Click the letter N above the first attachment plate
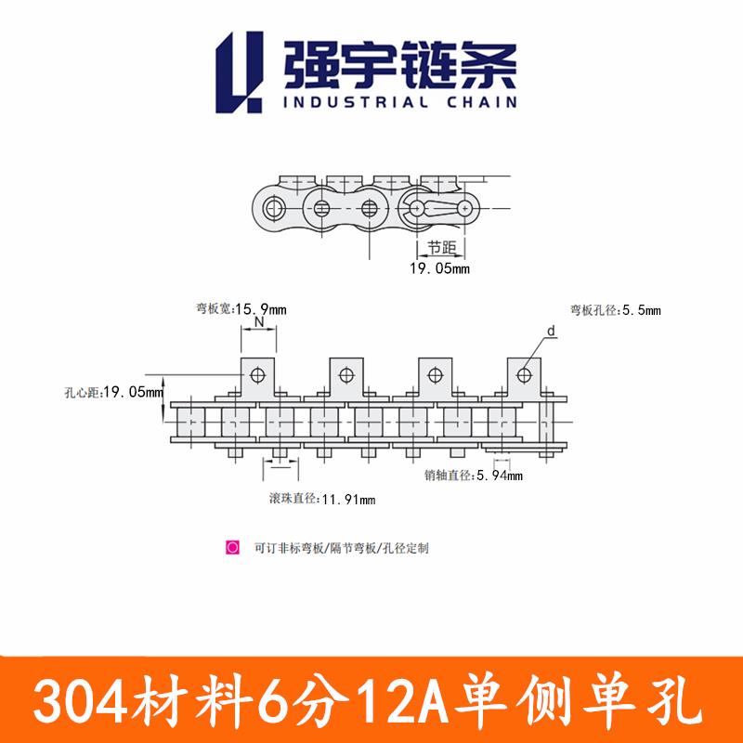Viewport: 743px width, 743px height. coord(259,321)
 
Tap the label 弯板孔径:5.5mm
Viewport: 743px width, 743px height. coord(615,308)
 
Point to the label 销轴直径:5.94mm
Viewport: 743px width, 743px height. coord(474,476)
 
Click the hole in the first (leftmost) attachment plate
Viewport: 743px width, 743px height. coord(258,374)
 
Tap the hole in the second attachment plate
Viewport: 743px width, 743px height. coord(346,374)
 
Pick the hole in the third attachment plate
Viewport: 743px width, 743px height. coord(436,374)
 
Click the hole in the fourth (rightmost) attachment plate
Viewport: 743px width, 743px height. coord(524,374)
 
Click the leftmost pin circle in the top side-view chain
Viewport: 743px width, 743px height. coord(273,206)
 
